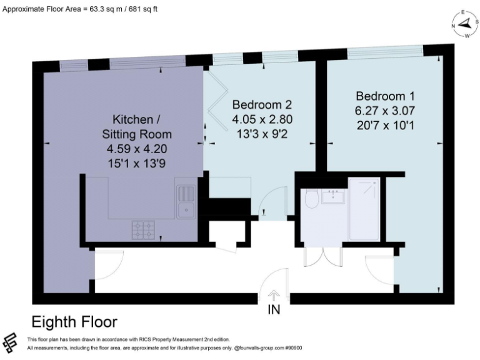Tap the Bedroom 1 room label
385,96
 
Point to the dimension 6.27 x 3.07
385,110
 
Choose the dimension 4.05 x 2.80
262,119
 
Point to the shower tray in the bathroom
364,209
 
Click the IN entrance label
274,310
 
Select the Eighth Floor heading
74,322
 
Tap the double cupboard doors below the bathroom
322,257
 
